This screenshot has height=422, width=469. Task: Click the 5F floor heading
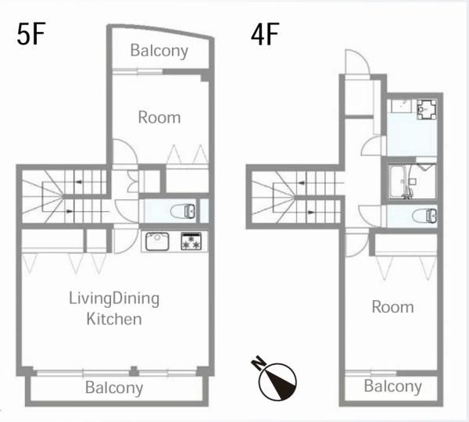[x=30, y=34]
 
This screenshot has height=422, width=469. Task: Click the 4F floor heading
[x=265, y=34]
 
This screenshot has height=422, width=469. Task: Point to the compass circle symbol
[x=277, y=382]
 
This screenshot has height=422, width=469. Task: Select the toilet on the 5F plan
[x=182, y=211]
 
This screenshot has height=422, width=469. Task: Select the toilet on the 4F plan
[x=424, y=216]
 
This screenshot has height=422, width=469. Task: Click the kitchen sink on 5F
[x=157, y=241]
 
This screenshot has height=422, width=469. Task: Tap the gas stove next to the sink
[x=192, y=241]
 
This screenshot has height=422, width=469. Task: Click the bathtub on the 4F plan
[x=400, y=181]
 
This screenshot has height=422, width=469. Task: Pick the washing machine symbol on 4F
[x=427, y=109]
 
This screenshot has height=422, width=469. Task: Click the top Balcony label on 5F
[x=159, y=51]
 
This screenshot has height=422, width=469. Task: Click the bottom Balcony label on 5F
[x=114, y=388]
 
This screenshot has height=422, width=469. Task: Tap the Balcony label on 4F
[x=392, y=386]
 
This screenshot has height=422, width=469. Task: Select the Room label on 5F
[x=159, y=117]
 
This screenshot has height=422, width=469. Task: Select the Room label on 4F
[x=392, y=307]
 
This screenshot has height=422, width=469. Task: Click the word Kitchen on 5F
[x=114, y=319]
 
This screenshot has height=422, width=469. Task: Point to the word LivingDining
[x=114, y=299]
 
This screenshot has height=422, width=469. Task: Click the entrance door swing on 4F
[x=357, y=62]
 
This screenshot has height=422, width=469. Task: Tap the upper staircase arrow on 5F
[x=78, y=182]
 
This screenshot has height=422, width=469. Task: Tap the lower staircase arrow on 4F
[x=311, y=213]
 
